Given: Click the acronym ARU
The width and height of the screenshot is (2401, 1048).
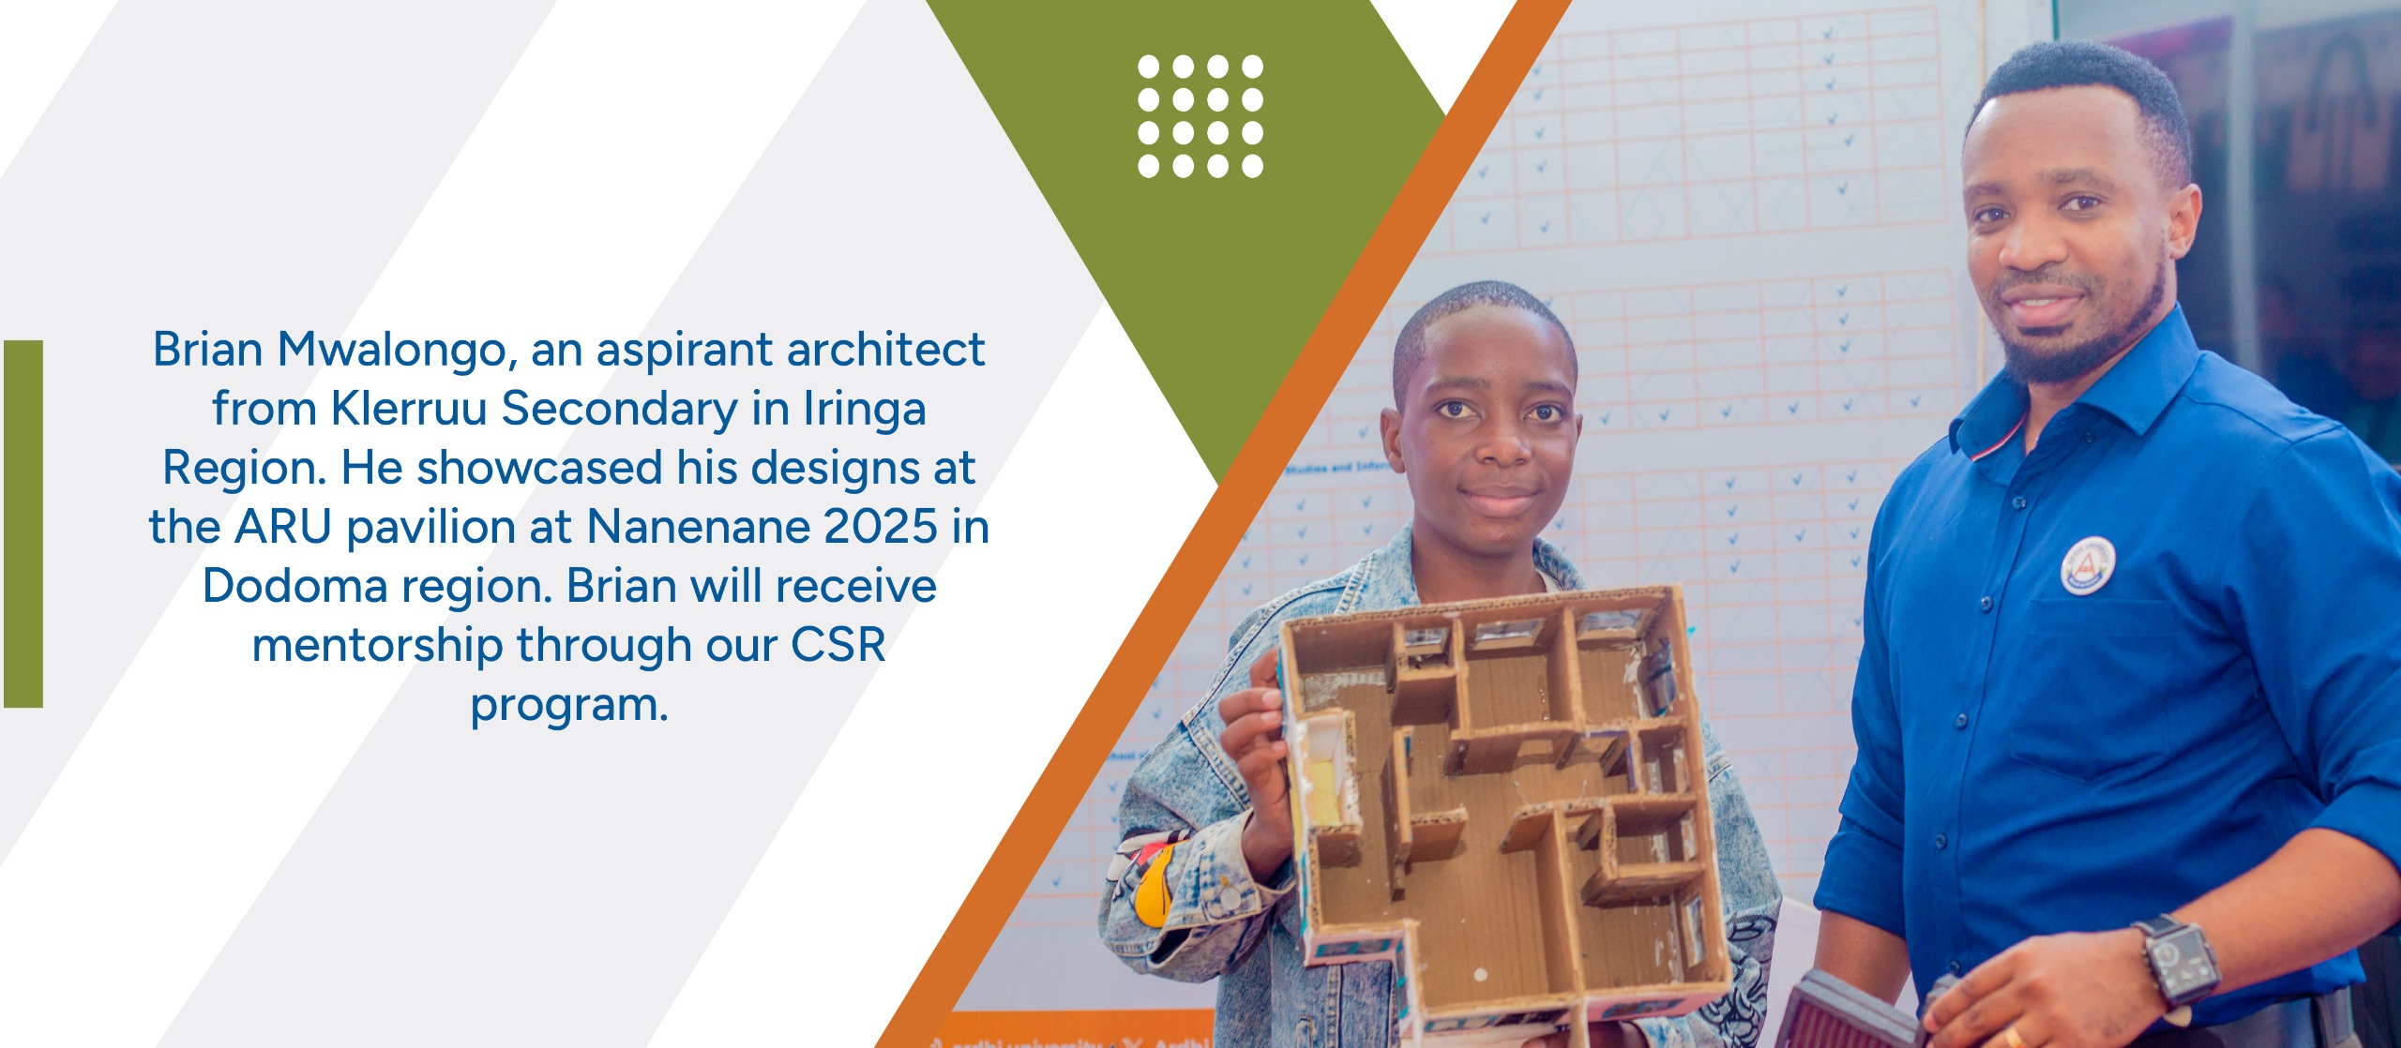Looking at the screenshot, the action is coord(283,526).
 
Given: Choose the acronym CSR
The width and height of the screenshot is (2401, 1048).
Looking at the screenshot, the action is coord(838,645).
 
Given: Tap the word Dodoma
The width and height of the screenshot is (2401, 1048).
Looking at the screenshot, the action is coord(294,586).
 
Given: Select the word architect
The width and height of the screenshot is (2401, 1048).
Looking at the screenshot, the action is coord(885,350).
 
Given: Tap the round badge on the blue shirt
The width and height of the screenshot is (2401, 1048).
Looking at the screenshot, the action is coord(2088,565).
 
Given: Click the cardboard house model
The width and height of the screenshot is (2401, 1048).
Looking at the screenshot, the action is coord(1501,806).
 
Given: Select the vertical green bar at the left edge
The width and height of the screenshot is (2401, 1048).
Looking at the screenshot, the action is coord(23,523).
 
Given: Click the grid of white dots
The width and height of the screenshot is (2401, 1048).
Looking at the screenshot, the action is coord(1200,116).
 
